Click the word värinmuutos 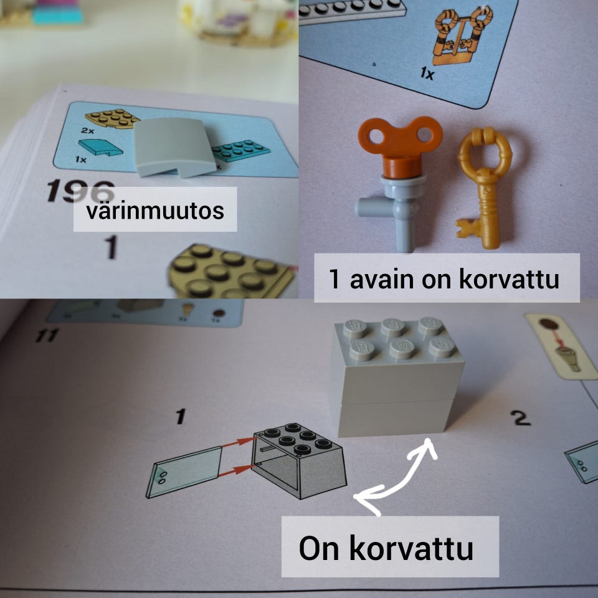[154, 210]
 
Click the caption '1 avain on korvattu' [445, 278]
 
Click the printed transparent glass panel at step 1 [184, 472]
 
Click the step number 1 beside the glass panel [181, 415]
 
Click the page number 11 [47, 336]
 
